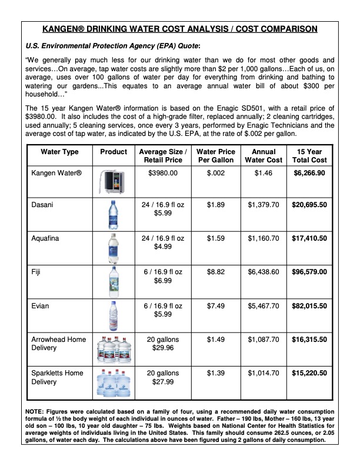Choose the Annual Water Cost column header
click(x=259, y=156)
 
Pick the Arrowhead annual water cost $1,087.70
click(x=259, y=339)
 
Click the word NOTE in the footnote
click(x=36, y=410)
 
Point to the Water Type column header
click(x=59, y=152)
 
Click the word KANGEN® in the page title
click(x=65, y=28)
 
